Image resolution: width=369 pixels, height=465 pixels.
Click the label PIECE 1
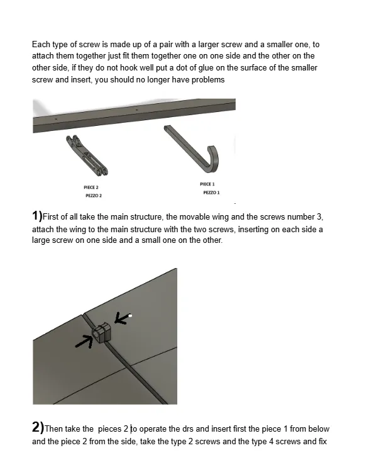(x=207, y=184)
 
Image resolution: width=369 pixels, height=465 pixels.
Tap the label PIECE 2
(x=92, y=188)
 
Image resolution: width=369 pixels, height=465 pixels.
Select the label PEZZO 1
(x=211, y=193)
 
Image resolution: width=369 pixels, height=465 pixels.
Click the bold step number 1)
(x=37, y=216)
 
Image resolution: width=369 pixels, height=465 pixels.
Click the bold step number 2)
(x=37, y=428)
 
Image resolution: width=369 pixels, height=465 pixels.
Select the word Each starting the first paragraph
(x=40, y=45)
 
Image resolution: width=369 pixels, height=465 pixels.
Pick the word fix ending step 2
(x=322, y=442)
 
